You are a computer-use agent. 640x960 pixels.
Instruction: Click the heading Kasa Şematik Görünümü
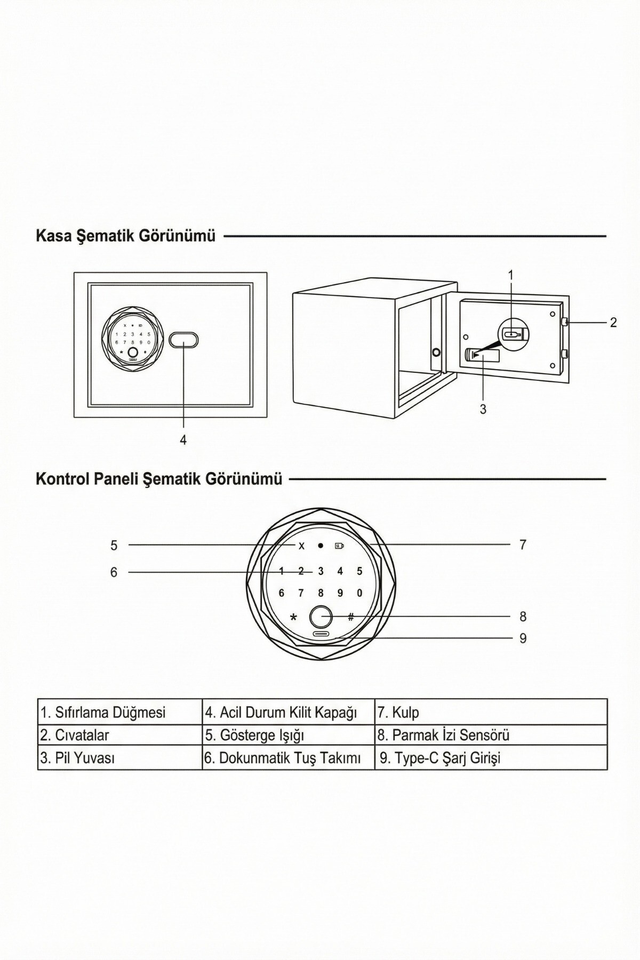(x=125, y=236)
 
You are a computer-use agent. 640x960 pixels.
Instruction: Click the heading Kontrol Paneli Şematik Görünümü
(x=158, y=479)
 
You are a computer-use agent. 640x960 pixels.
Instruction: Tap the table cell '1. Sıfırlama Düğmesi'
(x=120, y=712)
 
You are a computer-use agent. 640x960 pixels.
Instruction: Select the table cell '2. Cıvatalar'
(x=120, y=735)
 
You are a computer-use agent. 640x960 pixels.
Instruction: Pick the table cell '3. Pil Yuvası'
(x=120, y=758)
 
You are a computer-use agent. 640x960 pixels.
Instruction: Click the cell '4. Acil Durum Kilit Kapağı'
(x=288, y=712)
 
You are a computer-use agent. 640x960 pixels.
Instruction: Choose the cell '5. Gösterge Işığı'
(x=288, y=735)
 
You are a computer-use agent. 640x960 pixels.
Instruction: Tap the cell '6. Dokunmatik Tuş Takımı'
(x=288, y=758)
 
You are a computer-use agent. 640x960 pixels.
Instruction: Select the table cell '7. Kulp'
(x=491, y=712)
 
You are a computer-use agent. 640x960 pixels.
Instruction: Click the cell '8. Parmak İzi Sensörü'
(x=491, y=735)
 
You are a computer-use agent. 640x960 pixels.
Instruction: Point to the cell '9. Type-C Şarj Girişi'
(x=491, y=758)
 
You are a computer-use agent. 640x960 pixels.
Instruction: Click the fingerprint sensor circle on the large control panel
(x=321, y=617)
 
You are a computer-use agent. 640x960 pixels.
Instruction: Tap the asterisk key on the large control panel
(x=293, y=618)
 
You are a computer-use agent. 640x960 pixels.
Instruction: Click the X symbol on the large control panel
(x=301, y=546)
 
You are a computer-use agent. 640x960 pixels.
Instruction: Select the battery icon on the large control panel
(x=339, y=546)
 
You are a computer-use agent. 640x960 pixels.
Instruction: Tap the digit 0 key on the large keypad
(x=359, y=593)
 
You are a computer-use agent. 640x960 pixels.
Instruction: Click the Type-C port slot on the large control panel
(x=321, y=634)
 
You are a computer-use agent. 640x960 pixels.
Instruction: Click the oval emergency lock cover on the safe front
(x=183, y=340)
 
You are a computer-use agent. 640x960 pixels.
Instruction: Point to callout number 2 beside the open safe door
(x=613, y=323)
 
